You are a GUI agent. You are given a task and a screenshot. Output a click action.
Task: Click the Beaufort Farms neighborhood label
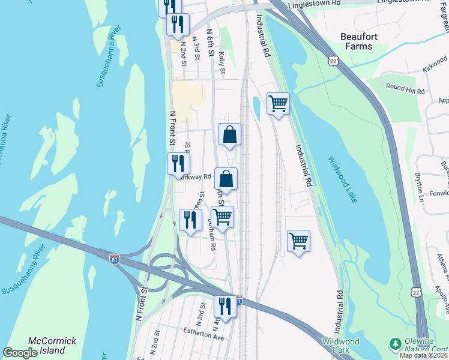click(364, 41)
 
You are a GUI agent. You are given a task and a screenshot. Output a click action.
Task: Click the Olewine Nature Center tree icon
click(394, 344)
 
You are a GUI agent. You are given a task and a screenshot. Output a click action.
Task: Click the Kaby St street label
click(221, 63)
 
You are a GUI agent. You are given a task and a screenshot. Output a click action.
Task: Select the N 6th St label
click(210, 42)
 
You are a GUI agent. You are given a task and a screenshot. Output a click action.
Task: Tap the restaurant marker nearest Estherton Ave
click(225, 307)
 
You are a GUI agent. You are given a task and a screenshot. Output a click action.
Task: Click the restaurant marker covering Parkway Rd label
click(178, 163)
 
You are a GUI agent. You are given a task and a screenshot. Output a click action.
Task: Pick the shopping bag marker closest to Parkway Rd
click(226, 179)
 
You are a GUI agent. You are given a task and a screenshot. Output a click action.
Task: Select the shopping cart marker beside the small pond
click(278, 104)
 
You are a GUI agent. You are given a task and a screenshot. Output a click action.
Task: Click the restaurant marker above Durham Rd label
click(191, 220)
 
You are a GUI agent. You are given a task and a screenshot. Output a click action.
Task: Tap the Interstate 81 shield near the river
click(115, 259)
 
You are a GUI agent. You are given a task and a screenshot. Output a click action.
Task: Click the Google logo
click(20, 353)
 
